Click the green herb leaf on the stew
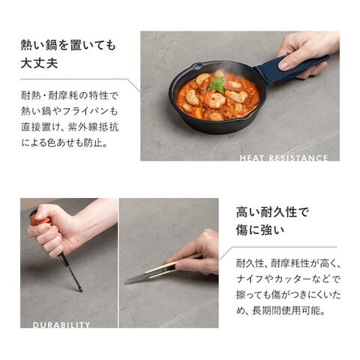pyautogui.click(x=217, y=85)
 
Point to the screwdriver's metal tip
pyautogui.click(x=80, y=289)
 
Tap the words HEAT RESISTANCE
pyautogui.click(x=283, y=157)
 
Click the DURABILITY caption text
pyautogui.click(x=61, y=325)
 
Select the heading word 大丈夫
pyautogui.click(x=40, y=63)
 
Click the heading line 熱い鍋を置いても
pyautogui.click(x=68, y=46)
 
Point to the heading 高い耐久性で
pyautogui.click(x=273, y=212)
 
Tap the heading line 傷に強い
pyautogui.click(x=260, y=230)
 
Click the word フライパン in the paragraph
pyautogui.click(x=86, y=111)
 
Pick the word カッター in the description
pyautogui.click(x=291, y=279)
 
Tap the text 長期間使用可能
pyautogui.click(x=286, y=310)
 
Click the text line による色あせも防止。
pyautogui.click(x=64, y=143)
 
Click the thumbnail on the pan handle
pyautogui.click(x=284, y=65)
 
